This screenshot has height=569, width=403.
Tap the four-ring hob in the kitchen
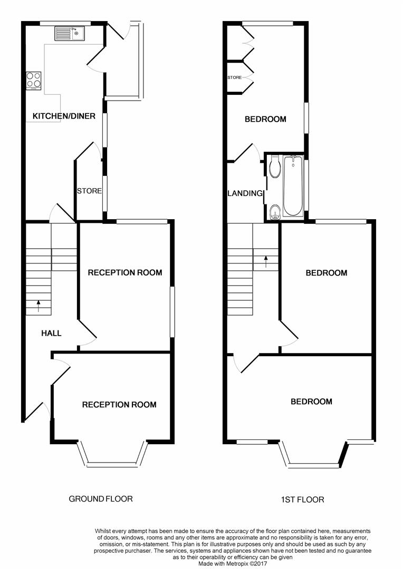pos(34,80)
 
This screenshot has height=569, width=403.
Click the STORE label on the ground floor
pos(89,191)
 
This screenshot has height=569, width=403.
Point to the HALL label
pos(52,333)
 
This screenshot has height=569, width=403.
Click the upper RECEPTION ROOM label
pos(124,272)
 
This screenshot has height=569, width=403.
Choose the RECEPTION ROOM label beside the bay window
pos(119,405)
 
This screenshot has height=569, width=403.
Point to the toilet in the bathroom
pos(274,168)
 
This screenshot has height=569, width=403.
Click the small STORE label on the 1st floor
pos(234,77)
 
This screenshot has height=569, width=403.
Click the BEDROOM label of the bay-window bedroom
pos(311,401)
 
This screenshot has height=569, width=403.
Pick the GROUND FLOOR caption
pos(101,498)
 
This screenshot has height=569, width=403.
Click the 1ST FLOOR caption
pos(303,499)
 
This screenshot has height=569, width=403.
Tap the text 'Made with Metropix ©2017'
pos(232,563)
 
